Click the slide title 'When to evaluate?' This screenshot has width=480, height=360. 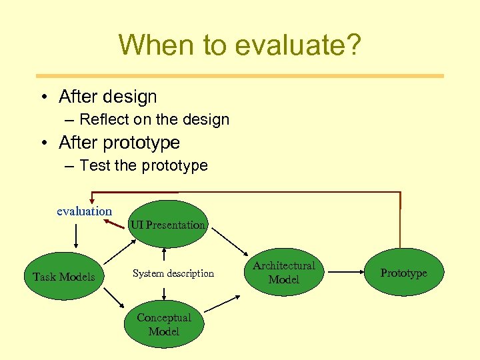pos(240,45)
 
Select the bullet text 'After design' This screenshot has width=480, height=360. pos(107,97)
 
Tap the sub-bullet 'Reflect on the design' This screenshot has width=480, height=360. pos(154,120)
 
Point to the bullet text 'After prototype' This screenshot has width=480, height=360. pos(119,143)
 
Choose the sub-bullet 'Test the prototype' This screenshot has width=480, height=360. pos(143,165)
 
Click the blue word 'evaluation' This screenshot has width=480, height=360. pos(84,211)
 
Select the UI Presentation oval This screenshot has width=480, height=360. pos(167,225)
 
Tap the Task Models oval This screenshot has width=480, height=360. pos(64,277)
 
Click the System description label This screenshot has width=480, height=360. pos(173,273)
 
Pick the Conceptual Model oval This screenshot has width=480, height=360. pos(164,325)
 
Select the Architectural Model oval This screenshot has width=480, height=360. pos(284,273)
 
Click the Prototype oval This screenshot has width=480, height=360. pos(403,273)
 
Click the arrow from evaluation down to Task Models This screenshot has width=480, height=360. pos(77,235)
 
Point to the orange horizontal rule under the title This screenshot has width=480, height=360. pos(240,76)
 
